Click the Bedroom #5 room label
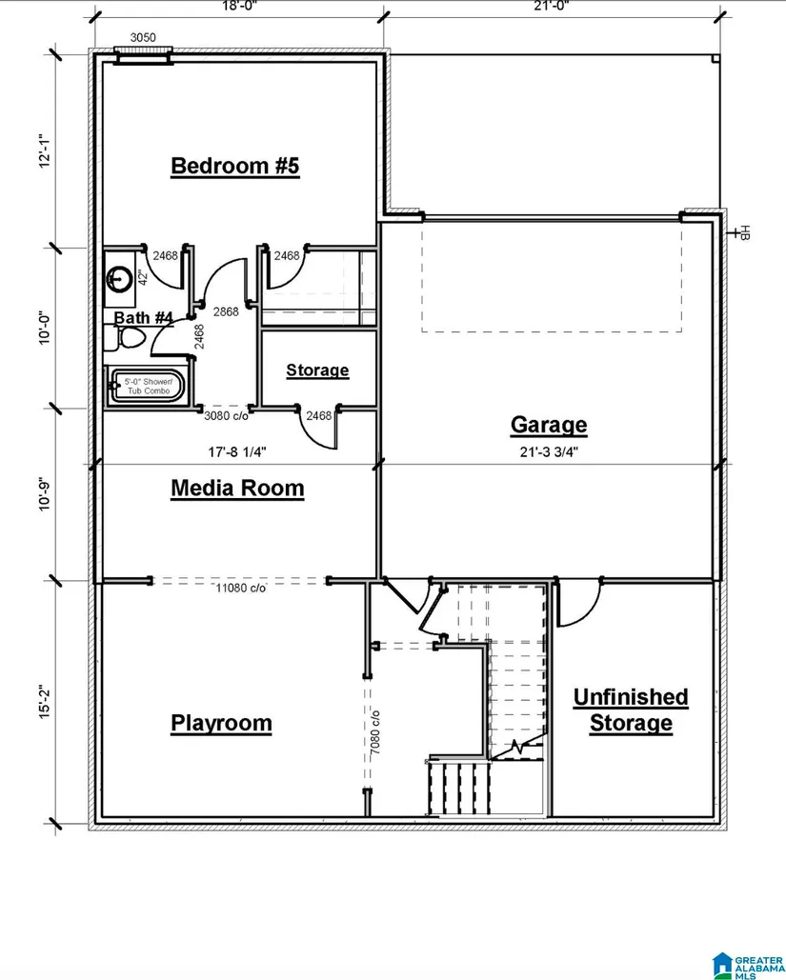[235, 167]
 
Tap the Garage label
[549, 425]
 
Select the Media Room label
[237, 489]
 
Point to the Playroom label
[221, 723]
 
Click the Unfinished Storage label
[631, 710]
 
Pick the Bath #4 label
[143, 317]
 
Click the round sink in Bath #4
[119, 277]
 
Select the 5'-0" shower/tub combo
[148, 387]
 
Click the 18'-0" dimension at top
[239, 6]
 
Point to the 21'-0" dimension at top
[551, 6]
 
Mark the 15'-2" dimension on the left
[45, 702]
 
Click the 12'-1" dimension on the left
[45, 150]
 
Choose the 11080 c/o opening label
[241, 589]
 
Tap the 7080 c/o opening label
[375, 731]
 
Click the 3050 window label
[143, 37]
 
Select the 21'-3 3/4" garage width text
[549, 451]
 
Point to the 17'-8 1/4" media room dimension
[237, 451]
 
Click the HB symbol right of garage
[741, 233]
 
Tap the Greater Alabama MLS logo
[748, 966]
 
